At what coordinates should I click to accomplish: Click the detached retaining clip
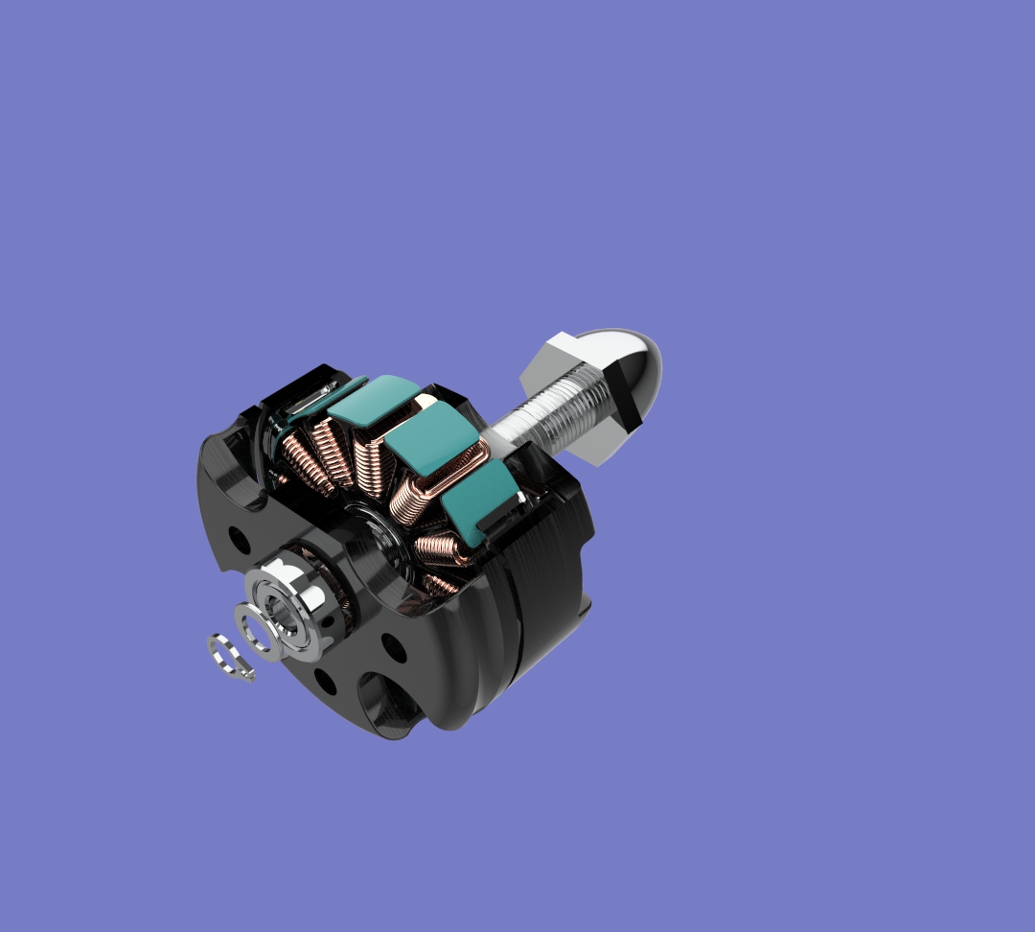pyautogui.click(x=231, y=659)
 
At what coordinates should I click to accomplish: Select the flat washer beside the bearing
pyautogui.click(x=256, y=634)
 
